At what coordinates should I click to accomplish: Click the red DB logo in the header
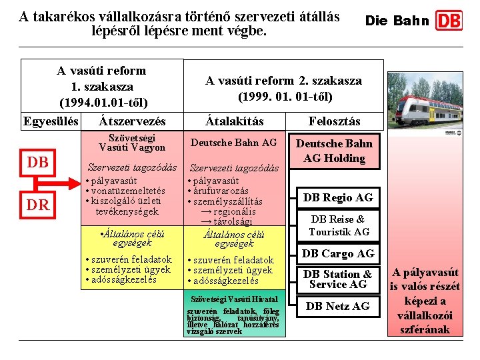[449, 21]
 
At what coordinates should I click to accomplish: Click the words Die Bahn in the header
[397, 21]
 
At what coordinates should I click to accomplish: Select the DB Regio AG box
[338, 197]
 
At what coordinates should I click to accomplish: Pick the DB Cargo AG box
[338, 253]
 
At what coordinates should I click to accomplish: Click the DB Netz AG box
[338, 306]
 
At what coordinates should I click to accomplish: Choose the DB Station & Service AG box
[338, 279]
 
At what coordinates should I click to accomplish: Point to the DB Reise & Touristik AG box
[338, 225]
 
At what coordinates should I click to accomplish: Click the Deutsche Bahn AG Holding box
[334, 151]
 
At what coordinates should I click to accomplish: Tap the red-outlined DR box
[38, 205]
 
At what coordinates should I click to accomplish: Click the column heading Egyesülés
[51, 121]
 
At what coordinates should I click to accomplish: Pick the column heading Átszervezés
[132, 121]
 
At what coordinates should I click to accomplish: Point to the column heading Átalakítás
[234, 121]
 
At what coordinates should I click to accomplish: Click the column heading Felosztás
[334, 121]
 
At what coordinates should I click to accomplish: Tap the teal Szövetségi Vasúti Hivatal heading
[234, 299]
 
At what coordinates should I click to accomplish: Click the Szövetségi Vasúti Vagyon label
[132, 142]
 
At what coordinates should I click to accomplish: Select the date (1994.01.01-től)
[103, 103]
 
